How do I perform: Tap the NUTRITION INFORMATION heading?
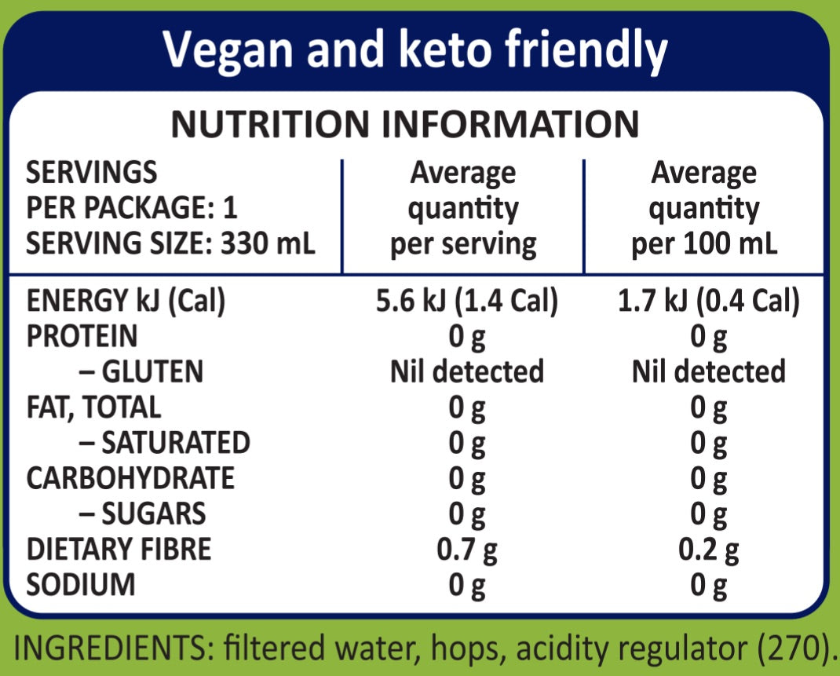[x=405, y=124]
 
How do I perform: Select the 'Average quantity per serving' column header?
[x=463, y=208]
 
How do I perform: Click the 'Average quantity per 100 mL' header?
[x=704, y=208]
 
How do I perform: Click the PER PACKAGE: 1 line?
[x=132, y=209]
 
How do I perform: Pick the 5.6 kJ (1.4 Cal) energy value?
[x=467, y=301]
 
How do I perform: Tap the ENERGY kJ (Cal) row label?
[x=126, y=301]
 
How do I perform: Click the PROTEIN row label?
[x=82, y=337]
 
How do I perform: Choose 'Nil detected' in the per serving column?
[x=467, y=371]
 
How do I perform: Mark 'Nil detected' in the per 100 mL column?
[x=708, y=371]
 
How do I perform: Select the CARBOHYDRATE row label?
[x=130, y=478]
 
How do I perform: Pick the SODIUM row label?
[x=81, y=585]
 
